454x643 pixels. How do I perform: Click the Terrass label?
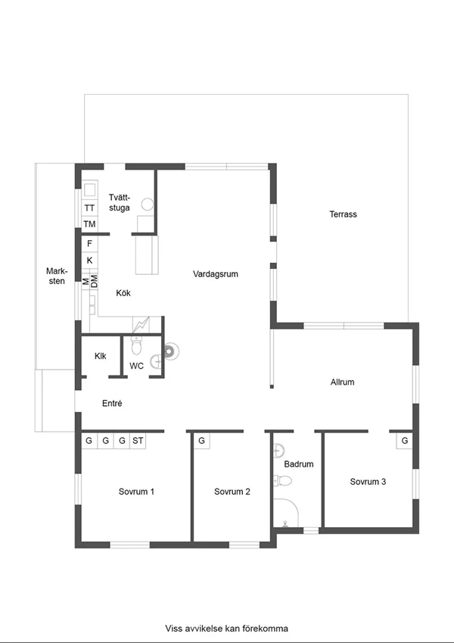pyautogui.click(x=343, y=214)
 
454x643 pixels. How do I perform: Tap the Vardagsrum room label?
pyautogui.click(x=216, y=274)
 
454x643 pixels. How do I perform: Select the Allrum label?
pyautogui.click(x=342, y=382)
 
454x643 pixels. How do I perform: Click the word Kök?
pyautogui.click(x=123, y=293)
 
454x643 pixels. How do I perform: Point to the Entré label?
pyautogui.click(x=112, y=403)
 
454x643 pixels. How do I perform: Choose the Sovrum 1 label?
pyautogui.click(x=136, y=492)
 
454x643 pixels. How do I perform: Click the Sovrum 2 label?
pyautogui.click(x=232, y=492)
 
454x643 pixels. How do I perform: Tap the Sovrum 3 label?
pyautogui.click(x=368, y=482)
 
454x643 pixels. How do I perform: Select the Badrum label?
pyautogui.click(x=299, y=464)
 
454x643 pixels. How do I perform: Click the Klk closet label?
pyautogui.click(x=101, y=356)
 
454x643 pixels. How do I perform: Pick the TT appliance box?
pyautogui.click(x=89, y=208)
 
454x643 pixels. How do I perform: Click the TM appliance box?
pyautogui.click(x=89, y=224)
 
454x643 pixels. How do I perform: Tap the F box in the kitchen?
pyautogui.click(x=89, y=244)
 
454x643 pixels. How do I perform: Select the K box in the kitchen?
pyautogui.click(x=89, y=260)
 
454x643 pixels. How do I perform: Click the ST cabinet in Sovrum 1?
pyautogui.click(x=138, y=441)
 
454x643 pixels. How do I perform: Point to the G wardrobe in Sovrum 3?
pyautogui.click(x=404, y=441)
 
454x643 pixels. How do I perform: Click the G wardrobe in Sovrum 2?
pyautogui.click(x=201, y=441)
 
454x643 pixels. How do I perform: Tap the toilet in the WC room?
pyautogui.click(x=136, y=345)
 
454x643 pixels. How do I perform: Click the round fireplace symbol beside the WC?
pyautogui.click(x=170, y=351)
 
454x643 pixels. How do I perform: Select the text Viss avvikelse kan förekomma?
pyautogui.click(x=226, y=629)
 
